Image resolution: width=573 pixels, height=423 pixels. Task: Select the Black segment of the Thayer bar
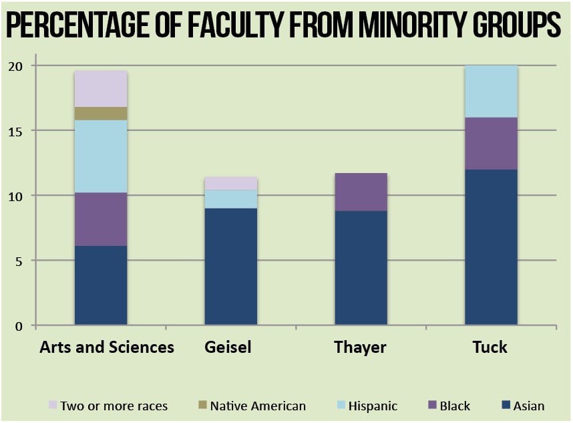click(361, 192)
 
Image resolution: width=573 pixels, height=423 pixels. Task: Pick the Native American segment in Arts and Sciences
click(101, 114)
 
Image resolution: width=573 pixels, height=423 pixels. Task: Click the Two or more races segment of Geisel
click(231, 183)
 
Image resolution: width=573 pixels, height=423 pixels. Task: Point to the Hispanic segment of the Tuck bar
click(491, 92)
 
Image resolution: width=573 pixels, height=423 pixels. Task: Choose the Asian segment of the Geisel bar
click(231, 267)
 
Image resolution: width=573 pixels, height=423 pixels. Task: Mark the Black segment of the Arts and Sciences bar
click(101, 219)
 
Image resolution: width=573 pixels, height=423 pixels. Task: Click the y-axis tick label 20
click(16, 66)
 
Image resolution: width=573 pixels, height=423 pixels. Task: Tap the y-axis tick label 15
click(16, 131)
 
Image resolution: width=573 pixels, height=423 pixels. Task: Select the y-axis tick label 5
click(19, 261)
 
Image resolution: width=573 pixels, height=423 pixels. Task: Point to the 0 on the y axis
click(19, 325)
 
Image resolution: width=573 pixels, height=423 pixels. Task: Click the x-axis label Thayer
click(361, 347)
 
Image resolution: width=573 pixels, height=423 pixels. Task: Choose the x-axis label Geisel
click(228, 347)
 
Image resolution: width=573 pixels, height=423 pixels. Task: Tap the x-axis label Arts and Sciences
click(107, 347)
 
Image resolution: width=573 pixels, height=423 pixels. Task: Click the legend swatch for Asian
click(506, 406)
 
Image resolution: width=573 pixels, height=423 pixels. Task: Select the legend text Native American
click(258, 406)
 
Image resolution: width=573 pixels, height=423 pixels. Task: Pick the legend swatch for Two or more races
click(53, 406)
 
